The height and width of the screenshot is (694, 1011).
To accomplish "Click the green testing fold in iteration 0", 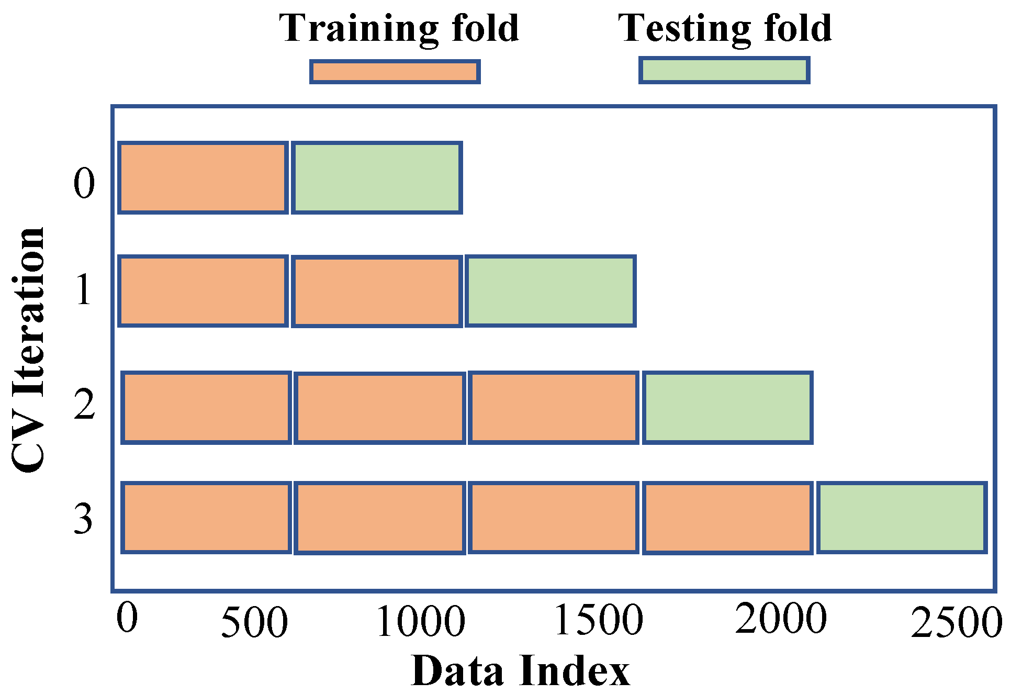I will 377,178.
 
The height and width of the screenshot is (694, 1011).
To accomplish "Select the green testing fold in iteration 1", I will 551,292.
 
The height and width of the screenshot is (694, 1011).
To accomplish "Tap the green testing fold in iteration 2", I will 727,408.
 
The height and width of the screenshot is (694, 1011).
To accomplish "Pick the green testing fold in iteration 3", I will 902,518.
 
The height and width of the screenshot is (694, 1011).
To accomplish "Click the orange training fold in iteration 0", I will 203,178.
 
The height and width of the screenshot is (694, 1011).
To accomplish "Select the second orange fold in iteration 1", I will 377,292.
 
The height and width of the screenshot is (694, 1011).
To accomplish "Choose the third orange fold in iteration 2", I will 553,408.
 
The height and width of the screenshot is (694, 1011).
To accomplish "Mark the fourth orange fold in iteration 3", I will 727,518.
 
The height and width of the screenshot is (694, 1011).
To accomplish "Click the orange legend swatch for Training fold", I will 395,72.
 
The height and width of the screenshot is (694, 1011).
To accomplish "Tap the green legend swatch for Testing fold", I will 724,71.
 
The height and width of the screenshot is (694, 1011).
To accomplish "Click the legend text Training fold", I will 399,28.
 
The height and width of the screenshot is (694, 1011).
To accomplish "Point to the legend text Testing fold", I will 725,28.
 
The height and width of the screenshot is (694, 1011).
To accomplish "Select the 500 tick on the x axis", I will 254,622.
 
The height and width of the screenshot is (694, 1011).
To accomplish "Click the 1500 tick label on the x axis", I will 599,621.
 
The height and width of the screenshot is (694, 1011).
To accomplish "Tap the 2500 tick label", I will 956,623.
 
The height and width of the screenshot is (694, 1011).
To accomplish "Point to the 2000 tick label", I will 780,619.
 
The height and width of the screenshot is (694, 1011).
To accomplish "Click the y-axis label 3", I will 83,518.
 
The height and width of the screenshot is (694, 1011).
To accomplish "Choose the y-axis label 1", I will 83,289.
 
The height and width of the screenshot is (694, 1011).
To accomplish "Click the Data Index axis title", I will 521,670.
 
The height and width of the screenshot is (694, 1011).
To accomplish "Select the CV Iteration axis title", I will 29,350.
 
